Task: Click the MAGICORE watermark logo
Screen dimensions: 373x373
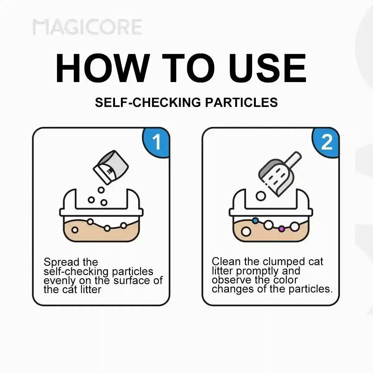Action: click(87, 27)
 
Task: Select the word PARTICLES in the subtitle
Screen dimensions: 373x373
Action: click(241, 102)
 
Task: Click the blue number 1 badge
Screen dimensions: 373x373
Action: click(156, 142)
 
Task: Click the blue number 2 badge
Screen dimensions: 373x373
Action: click(325, 142)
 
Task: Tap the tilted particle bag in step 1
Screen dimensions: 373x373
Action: click(111, 167)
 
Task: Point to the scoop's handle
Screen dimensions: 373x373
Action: click(293, 160)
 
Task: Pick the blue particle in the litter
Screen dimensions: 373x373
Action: click(256, 220)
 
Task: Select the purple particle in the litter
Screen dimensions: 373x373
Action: click(282, 229)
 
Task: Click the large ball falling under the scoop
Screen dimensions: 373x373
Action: click(261, 196)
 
